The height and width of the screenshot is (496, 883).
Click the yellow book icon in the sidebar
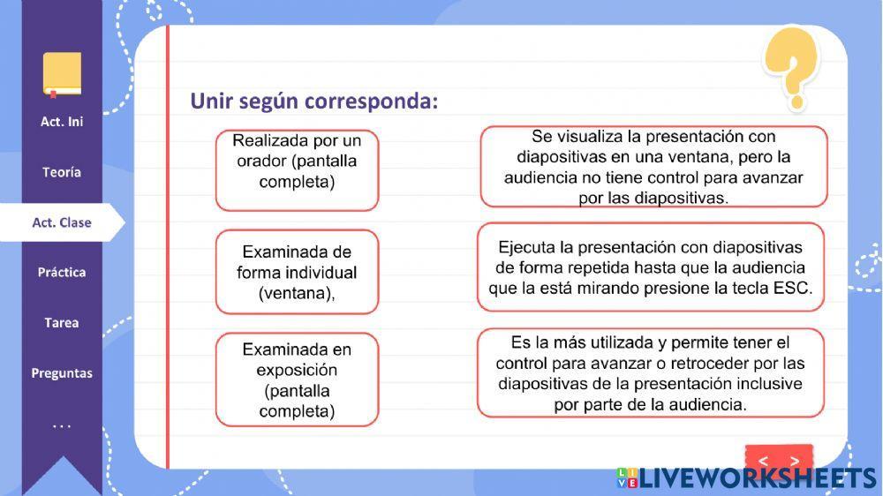[x=62, y=74]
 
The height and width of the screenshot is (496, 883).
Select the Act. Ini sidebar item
[x=62, y=122]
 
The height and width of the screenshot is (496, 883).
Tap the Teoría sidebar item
[x=62, y=172]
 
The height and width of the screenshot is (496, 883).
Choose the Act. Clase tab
[x=62, y=222]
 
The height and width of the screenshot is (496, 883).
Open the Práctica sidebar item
[x=62, y=273]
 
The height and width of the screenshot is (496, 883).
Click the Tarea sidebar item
[x=62, y=323]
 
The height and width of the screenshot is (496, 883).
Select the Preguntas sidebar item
[x=62, y=373]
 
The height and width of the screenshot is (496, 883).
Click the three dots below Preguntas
[x=62, y=426]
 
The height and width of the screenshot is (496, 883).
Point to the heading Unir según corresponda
[x=313, y=101]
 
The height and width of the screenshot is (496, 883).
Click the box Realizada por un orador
[x=297, y=170]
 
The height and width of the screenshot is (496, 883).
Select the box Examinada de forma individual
[x=297, y=272]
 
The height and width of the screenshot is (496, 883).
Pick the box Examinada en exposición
[x=297, y=380]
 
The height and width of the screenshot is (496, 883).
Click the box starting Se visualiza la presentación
[x=653, y=167]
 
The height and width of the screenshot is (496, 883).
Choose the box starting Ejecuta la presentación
[x=651, y=267]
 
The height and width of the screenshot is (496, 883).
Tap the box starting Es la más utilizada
[x=651, y=373]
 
